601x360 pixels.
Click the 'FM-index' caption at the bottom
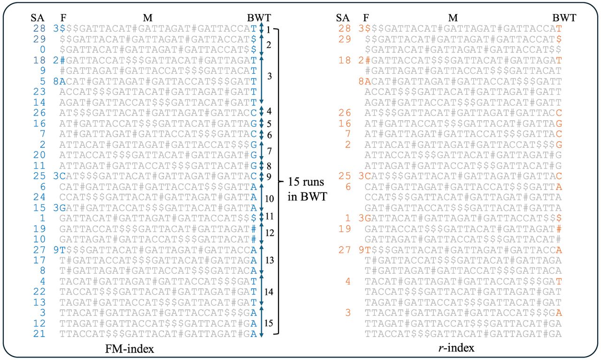point(130,349)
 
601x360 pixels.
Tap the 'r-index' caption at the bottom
point(456,348)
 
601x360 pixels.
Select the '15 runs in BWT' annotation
point(308,190)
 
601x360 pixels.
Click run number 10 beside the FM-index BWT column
point(270,199)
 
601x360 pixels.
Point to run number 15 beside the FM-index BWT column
point(269,323)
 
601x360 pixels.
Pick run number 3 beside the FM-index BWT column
point(270,76)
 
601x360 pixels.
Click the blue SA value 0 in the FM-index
point(43,50)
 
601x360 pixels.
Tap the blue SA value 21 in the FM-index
point(39,334)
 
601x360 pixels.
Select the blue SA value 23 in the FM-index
point(39,92)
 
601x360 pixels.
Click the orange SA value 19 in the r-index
point(345,229)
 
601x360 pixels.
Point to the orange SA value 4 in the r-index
point(348,282)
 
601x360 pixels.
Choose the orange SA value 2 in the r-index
point(348,145)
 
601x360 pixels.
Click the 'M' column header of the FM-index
point(148,18)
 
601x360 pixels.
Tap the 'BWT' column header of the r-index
point(564,18)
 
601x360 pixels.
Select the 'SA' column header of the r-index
point(343,18)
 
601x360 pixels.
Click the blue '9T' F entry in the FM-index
point(59,250)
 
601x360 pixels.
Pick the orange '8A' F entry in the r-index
point(365,81)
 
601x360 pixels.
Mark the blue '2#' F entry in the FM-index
point(59,61)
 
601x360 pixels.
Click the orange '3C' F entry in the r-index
point(365,176)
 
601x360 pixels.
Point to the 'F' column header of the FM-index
point(63,18)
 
